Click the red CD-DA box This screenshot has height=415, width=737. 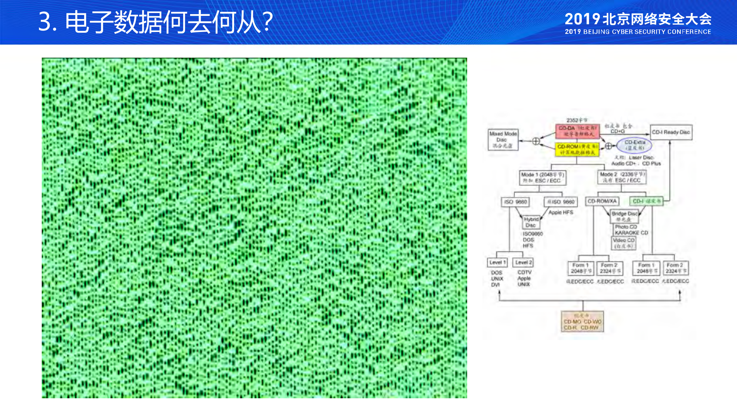(x=577, y=131)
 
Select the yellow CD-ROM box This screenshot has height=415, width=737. (x=577, y=149)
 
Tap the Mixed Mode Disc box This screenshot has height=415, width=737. (x=503, y=140)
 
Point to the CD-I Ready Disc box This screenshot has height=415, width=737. (x=671, y=132)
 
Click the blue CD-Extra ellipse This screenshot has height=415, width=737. (x=634, y=145)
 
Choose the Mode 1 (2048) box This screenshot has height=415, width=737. (x=543, y=178)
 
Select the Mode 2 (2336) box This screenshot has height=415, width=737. (x=622, y=177)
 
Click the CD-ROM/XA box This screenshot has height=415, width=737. (x=602, y=201)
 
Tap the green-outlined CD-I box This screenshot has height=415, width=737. (x=646, y=201)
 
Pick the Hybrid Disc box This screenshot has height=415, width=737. (x=531, y=222)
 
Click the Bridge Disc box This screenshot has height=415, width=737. (x=624, y=216)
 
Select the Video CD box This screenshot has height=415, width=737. (x=624, y=243)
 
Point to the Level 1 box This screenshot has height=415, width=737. (x=497, y=262)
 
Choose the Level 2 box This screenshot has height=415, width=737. (x=523, y=262)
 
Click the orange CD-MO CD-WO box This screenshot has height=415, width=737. (x=582, y=322)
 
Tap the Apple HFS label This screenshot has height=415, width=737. (x=561, y=212)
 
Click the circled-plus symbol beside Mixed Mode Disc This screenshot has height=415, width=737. (x=536, y=141)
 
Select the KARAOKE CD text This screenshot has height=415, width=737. (x=631, y=233)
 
